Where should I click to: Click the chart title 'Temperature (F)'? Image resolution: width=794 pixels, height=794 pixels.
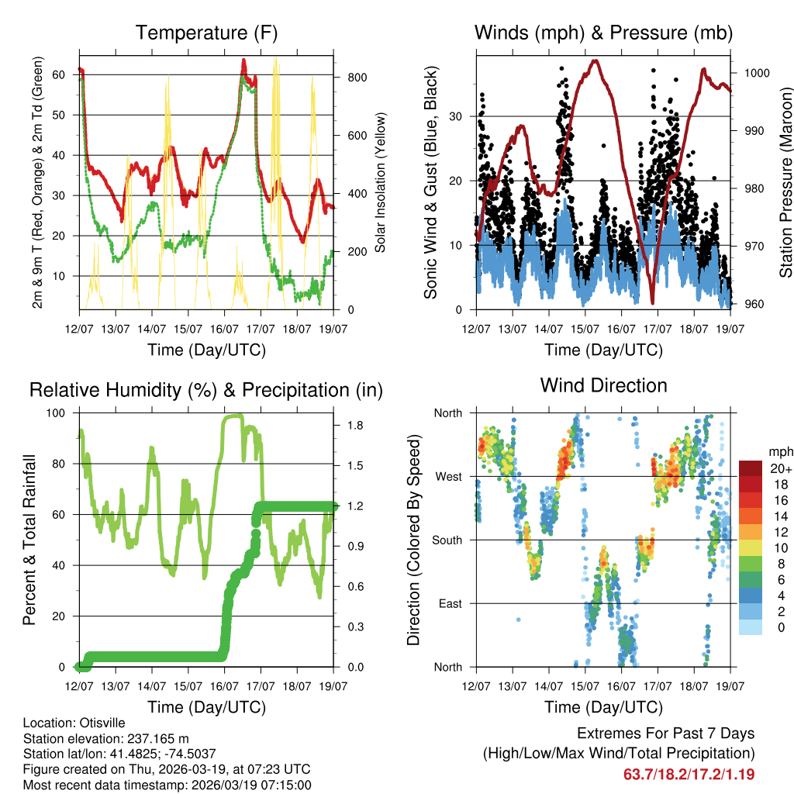206,33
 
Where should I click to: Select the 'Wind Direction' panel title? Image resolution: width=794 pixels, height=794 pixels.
603,385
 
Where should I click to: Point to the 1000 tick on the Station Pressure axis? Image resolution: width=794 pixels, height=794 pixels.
756,73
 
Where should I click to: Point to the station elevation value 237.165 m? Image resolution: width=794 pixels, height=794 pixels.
156,739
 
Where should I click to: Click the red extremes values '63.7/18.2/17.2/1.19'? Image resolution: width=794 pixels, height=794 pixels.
689,774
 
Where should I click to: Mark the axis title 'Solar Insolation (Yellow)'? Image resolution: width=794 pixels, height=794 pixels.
381,182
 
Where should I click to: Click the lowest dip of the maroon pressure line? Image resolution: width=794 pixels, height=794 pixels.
653,302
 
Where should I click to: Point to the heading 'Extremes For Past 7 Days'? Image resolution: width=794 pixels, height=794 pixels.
665,734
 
